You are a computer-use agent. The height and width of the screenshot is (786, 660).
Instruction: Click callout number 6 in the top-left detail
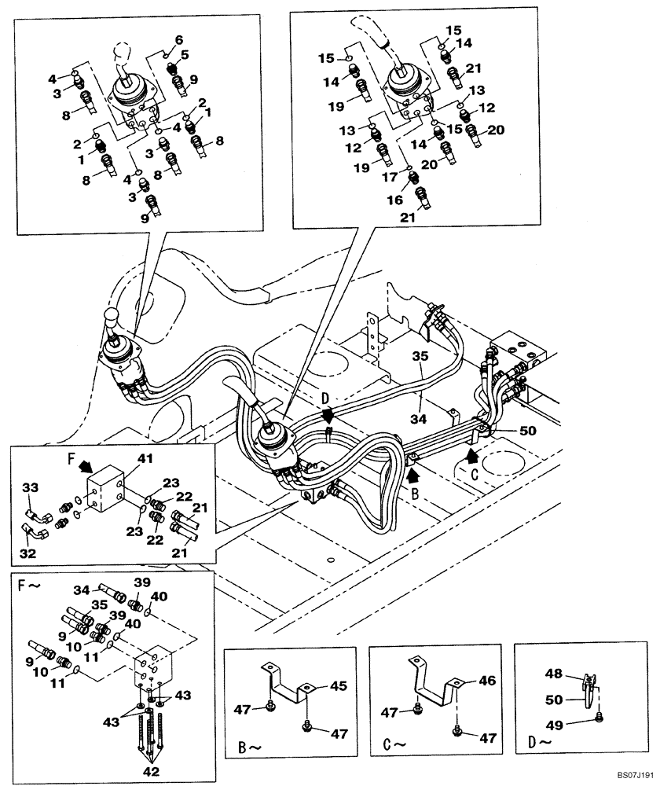(x=178, y=39)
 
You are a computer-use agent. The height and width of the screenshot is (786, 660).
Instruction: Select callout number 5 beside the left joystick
(x=185, y=54)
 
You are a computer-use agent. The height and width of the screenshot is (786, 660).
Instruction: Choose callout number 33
(x=29, y=488)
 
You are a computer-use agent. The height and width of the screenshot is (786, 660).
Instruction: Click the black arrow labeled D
(x=328, y=413)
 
